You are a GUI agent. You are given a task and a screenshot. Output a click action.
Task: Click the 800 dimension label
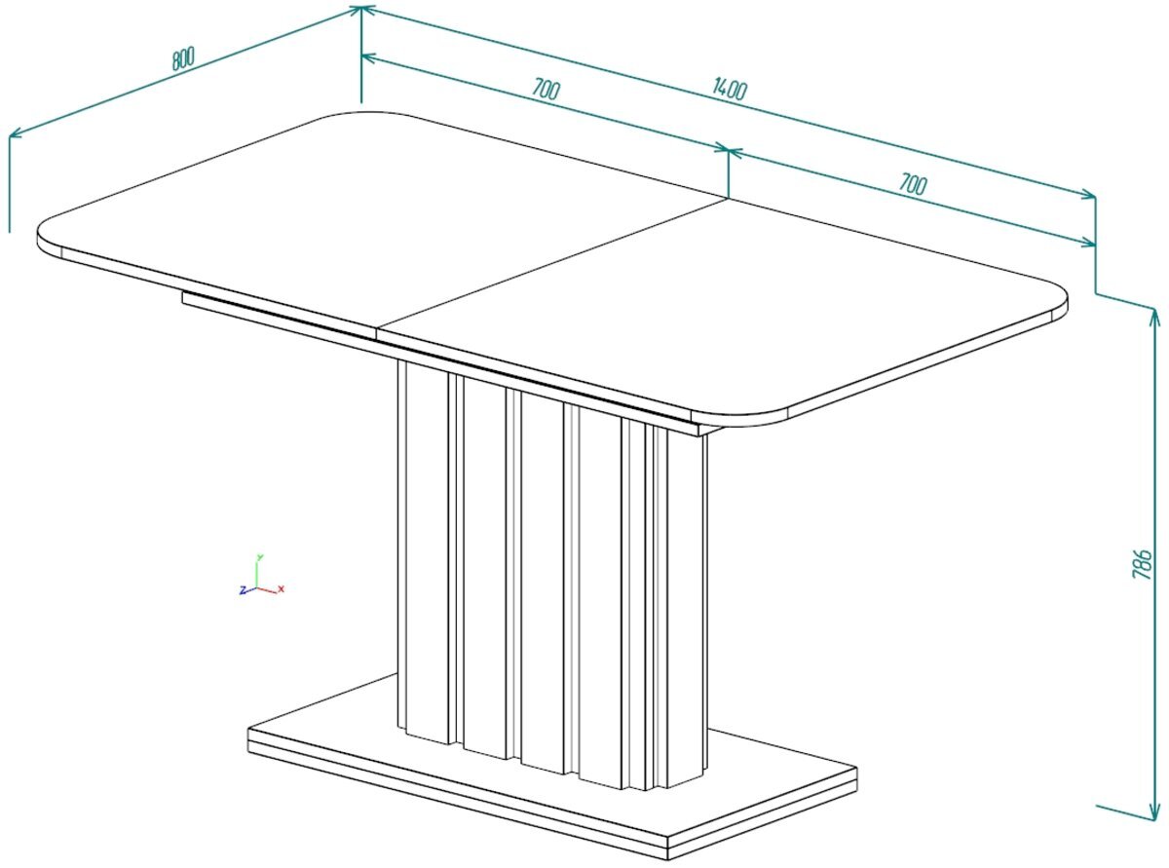coord(183,58)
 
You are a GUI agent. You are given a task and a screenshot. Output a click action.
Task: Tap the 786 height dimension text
coord(1141,564)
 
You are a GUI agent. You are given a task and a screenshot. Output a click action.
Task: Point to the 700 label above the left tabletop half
coord(545,89)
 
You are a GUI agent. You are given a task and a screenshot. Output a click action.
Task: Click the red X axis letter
coord(281,588)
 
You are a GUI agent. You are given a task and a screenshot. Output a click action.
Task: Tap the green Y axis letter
coord(259,557)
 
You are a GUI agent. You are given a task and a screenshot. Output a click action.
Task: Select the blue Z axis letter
coord(243,589)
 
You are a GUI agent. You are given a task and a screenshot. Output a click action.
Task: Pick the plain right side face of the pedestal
coord(688,606)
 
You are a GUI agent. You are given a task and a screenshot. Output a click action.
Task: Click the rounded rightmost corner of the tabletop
coord(1057,301)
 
